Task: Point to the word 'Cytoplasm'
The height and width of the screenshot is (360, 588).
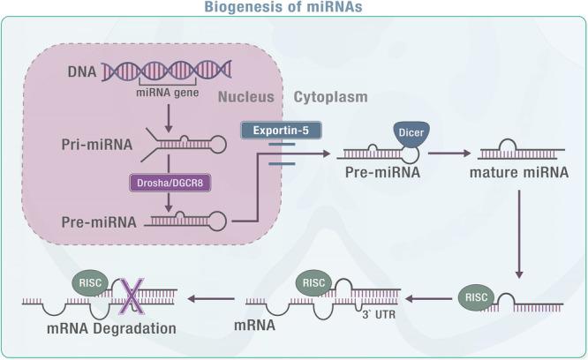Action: [331, 97]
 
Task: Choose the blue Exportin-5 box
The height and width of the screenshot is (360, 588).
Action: [279, 130]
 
